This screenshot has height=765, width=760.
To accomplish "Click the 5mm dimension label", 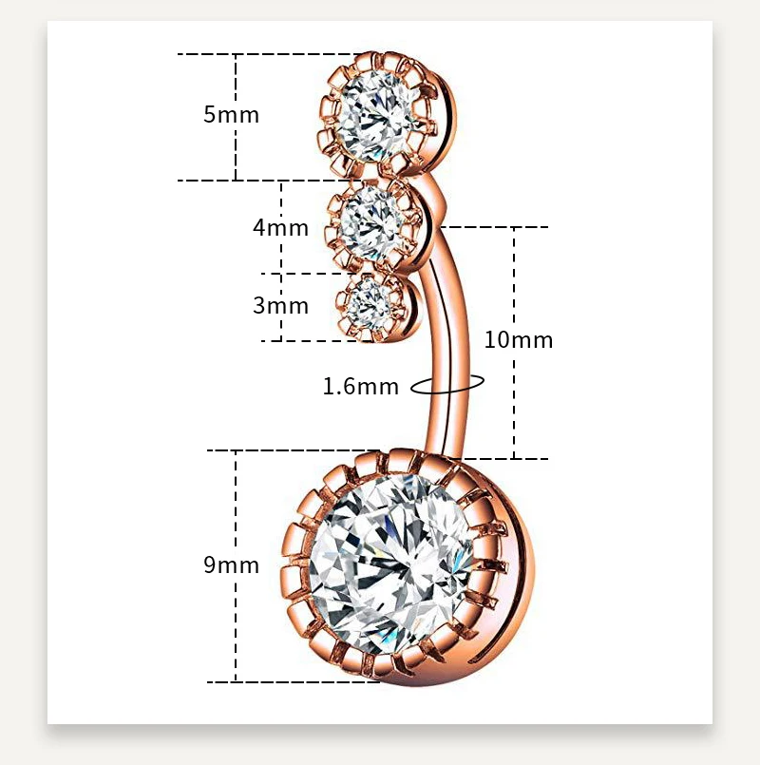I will (x=231, y=115).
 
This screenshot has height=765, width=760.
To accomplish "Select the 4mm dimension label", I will (x=280, y=228).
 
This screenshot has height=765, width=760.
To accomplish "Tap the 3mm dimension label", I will (x=280, y=306).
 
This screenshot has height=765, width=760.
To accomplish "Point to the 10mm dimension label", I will (x=518, y=339).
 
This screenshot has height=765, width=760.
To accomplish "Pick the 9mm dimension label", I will (x=231, y=565).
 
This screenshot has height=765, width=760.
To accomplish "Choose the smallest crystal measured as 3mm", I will (x=369, y=302).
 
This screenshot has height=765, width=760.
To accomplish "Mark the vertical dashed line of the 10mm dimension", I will (x=515, y=285).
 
